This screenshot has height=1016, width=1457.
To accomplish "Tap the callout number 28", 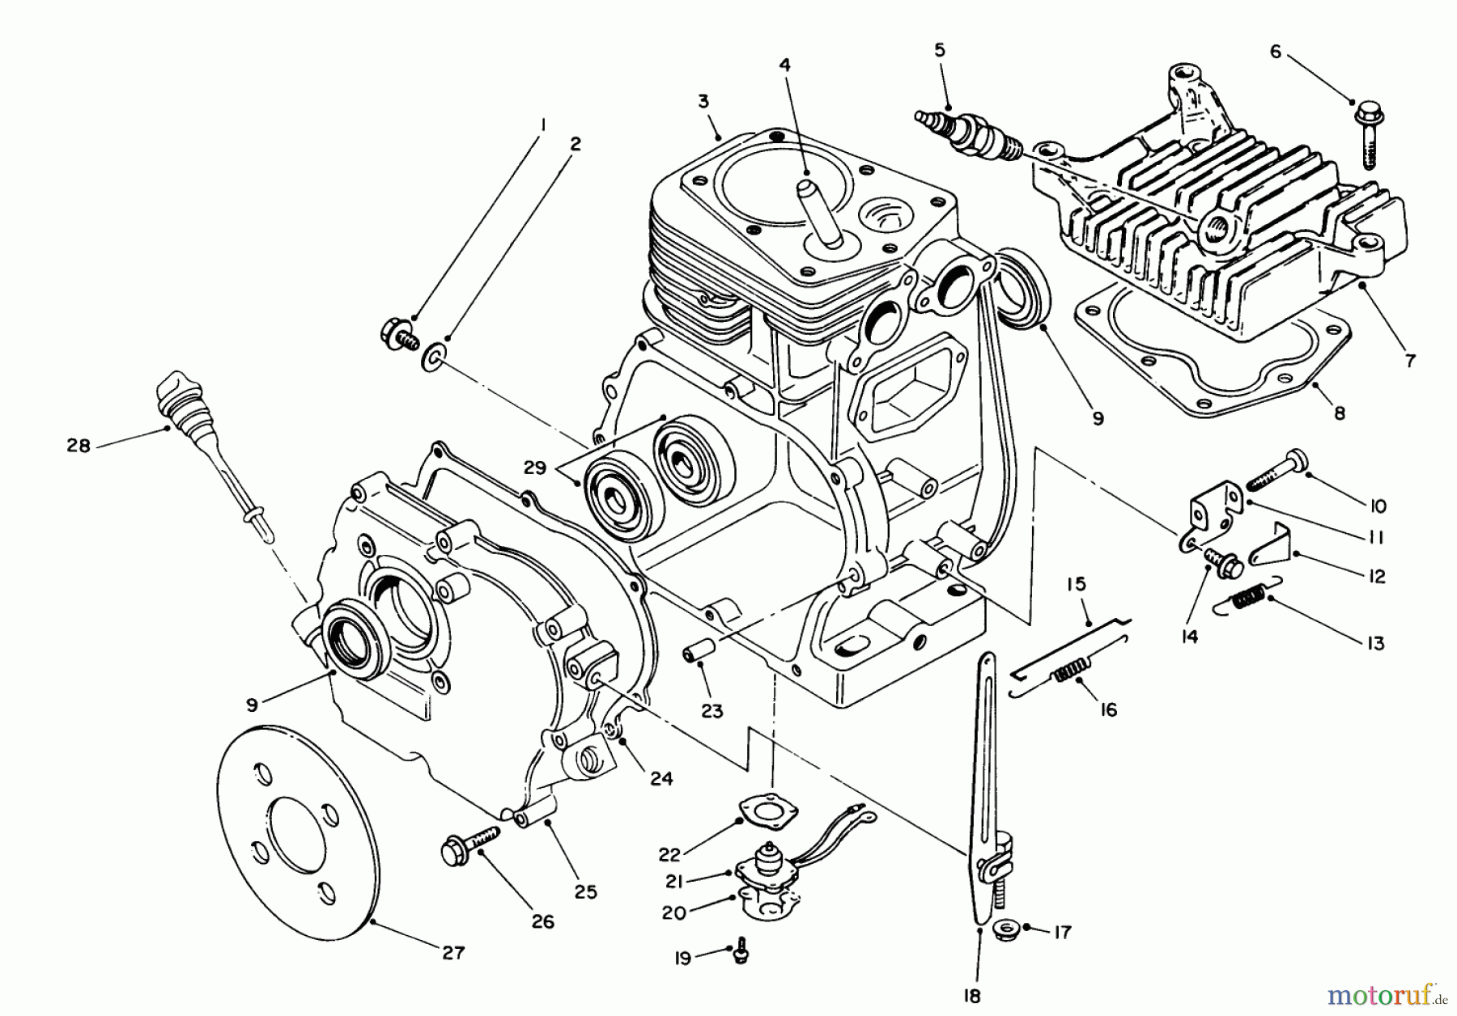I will [x=79, y=445].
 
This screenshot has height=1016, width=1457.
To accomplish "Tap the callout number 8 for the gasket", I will [x=1339, y=413].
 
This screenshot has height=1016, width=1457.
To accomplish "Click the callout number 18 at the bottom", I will [x=973, y=996].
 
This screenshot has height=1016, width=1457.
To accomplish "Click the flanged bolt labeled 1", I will [x=397, y=333].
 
